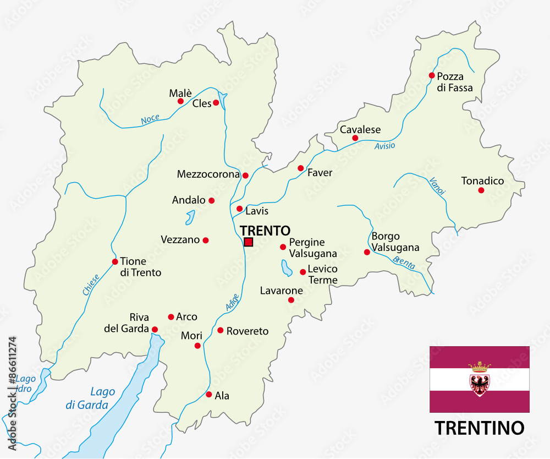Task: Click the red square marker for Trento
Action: [x=248, y=242]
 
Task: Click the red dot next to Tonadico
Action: [x=481, y=190]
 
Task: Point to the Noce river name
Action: [x=150, y=119]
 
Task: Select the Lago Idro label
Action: [x=25, y=384]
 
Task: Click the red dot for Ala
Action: [x=209, y=395]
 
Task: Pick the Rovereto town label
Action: [x=248, y=331]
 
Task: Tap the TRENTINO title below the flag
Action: [x=479, y=427]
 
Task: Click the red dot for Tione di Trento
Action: [x=115, y=261]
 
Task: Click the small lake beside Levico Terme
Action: [x=286, y=268]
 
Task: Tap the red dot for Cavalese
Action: [x=355, y=138]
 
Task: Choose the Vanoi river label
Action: [x=438, y=185]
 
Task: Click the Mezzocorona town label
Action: [x=208, y=174]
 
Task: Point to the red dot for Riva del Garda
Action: [x=155, y=330]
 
